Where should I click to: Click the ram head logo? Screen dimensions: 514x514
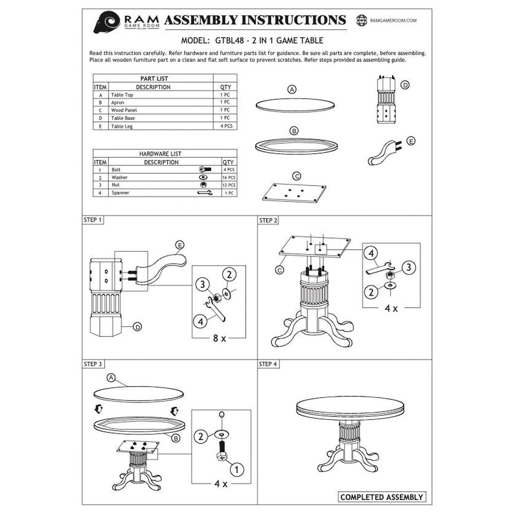point(106,22)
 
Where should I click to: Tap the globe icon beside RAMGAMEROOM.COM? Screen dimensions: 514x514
point(361,21)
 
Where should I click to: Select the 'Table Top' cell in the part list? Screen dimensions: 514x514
point(122,95)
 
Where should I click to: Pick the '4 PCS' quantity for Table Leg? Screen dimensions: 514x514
point(226,126)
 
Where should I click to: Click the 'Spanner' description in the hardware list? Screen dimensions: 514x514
point(120,193)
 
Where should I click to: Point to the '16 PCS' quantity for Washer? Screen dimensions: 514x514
point(229,177)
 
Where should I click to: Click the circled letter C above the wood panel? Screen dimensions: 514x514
point(297,176)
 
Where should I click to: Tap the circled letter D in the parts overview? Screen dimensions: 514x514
point(405,85)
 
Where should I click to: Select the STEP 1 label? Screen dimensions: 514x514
point(93,220)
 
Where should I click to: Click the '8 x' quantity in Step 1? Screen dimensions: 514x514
point(219,338)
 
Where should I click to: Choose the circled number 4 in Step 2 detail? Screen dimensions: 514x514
point(371,253)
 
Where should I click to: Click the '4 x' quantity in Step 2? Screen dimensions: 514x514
point(391,308)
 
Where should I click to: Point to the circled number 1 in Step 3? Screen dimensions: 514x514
point(236,470)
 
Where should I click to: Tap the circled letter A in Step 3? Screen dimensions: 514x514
point(112,378)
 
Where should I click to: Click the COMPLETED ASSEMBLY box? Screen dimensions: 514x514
point(382,497)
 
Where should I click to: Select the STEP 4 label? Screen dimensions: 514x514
point(268,364)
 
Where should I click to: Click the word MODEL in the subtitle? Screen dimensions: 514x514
point(195,41)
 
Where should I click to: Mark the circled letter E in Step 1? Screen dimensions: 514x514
point(179,245)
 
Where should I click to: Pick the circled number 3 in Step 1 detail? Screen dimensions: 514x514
point(203,284)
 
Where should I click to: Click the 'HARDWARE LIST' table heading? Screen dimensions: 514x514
point(160,154)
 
